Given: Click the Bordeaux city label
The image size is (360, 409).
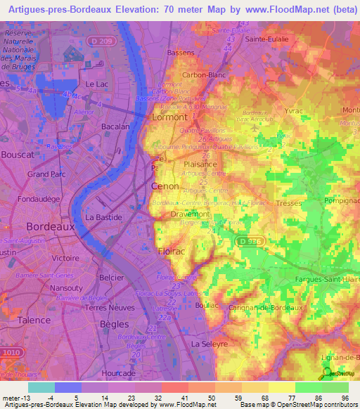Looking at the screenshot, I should click(50, 227).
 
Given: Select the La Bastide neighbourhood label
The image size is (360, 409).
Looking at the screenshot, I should click(104, 218).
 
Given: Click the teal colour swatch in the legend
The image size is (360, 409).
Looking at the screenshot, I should click(41, 387).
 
